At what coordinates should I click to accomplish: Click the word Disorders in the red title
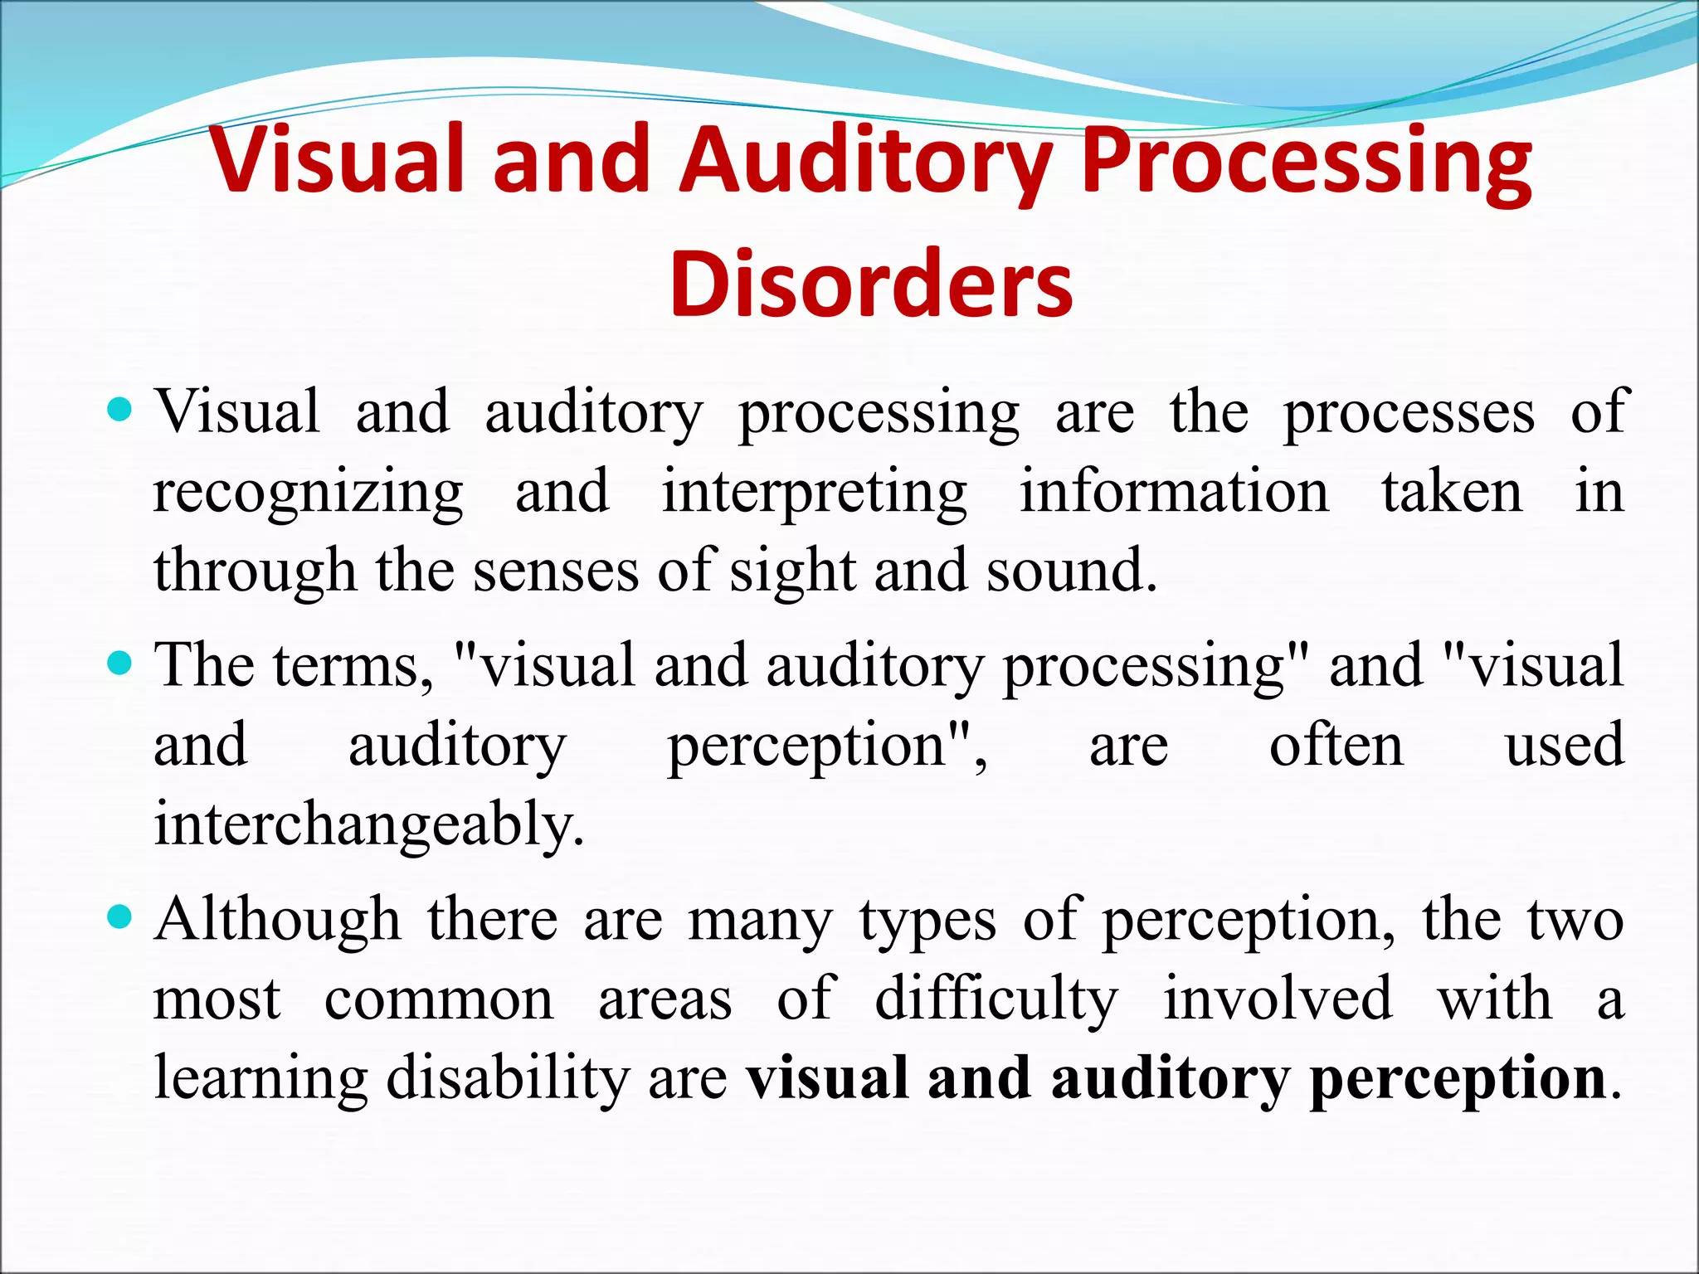pyautogui.click(x=871, y=284)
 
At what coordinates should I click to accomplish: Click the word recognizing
pyautogui.click(x=308, y=494)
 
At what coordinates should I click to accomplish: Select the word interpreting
pyautogui.click(x=814, y=494)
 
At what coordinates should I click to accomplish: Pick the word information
pyautogui.click(x=1174, y=492)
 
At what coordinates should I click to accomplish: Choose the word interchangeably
pyautogui.click(x=369, y=825)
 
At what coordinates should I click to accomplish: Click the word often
pyautogui.click(x=1336, y=745)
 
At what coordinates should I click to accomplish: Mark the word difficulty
pyautogui.click(x=996, y=999)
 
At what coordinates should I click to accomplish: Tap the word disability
pyautogui.click(x=508, y=1078)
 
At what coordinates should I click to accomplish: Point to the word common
pyautogui.click(x=439, y=1000)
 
